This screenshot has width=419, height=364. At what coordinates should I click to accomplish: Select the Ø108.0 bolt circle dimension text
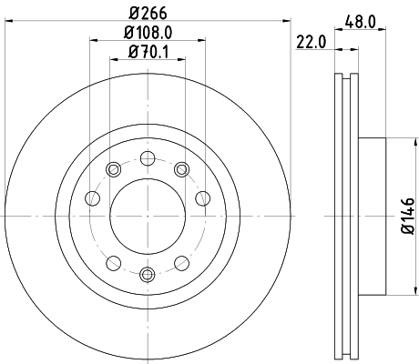click(x=147, y=34)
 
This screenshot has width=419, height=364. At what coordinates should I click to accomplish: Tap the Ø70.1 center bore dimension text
click(x=147, y=52)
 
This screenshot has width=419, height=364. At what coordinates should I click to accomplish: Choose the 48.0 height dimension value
click(x=360, y=19)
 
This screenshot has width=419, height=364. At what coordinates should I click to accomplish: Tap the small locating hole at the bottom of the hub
click(x=147, y=274)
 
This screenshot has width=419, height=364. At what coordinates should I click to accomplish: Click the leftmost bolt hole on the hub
click(x=91, y=198)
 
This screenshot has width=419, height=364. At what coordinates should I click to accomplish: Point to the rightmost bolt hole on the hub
click(x=202, y=198)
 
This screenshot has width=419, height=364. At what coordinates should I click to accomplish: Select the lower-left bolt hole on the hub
click(x=113, y=264)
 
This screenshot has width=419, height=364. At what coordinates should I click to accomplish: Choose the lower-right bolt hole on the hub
click(x=180, y=264)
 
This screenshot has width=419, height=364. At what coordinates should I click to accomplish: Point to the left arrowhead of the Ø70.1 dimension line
click(x=114, y=61)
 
